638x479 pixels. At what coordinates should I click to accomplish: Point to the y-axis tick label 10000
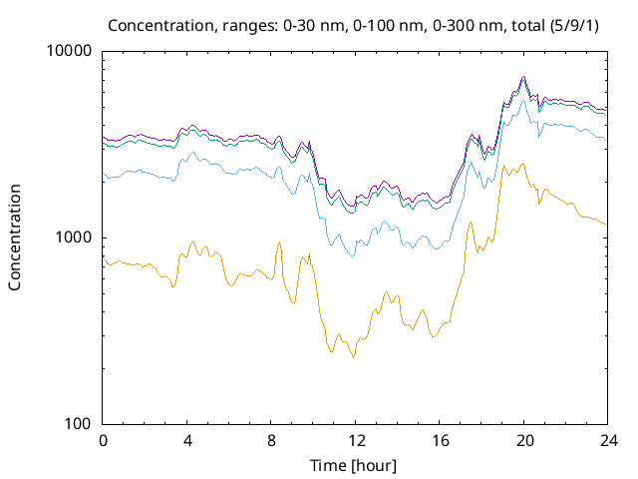(x=70, y=51)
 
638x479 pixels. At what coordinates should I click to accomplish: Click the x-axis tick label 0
(x=103, y=441)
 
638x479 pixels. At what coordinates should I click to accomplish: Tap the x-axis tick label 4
(x=186, y=441)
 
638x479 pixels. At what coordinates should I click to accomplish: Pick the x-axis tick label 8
(x=271, y=441)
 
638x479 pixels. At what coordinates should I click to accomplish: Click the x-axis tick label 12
(x=355, y=441)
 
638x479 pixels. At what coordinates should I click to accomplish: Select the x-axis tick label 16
(x=439, y=441)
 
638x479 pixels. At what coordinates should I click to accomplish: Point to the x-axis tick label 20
(x=523, y=441)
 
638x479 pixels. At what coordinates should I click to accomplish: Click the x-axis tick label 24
(x=607, y=441)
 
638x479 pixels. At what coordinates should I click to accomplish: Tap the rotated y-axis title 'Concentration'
(x=15, y=238)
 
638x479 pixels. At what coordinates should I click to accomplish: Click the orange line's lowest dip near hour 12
(x=353, y=357)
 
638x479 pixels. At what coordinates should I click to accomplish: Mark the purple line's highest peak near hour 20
(x=524, y=77)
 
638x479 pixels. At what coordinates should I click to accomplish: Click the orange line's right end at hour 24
(x=606, y=224)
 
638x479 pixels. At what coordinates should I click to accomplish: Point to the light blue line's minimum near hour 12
(x=351, y=256)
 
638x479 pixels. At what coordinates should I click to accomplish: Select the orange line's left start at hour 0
(x=104, y=256)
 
